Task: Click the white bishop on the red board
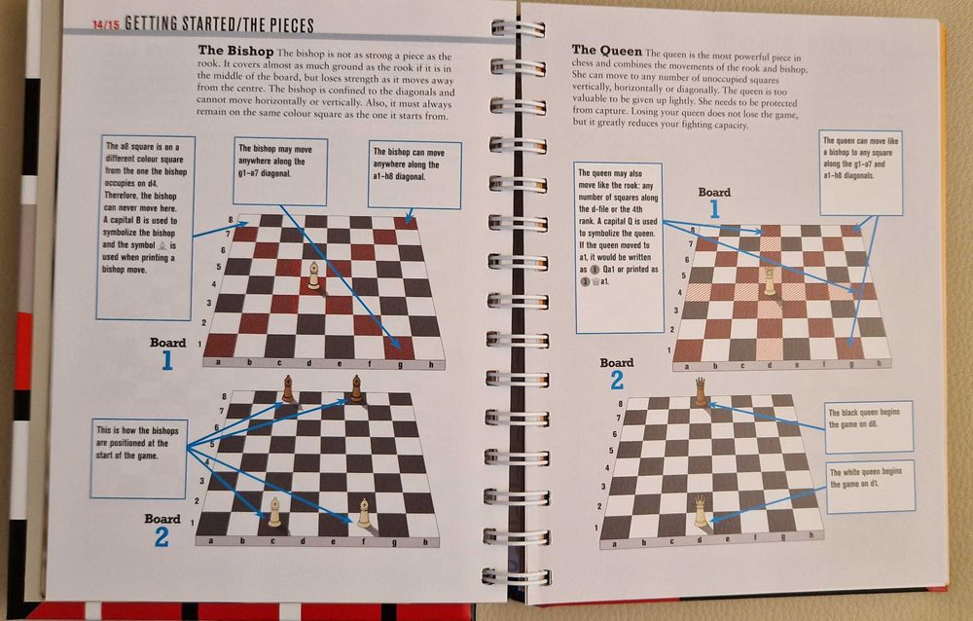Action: tap(313, 275)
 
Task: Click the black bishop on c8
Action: tap(288, 389)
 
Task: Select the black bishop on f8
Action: tap(356, 389)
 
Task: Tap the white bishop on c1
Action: tap(274, 511)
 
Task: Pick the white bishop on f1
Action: tap(364, 512)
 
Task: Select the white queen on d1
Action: tap(700, 510)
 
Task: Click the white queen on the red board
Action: tap(770, 280)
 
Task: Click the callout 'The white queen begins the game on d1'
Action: tap(869, 485)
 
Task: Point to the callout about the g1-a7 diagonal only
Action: tap(281, 171)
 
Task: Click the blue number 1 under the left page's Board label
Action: tap(166, 361)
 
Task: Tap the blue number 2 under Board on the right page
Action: tap(616, 382)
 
